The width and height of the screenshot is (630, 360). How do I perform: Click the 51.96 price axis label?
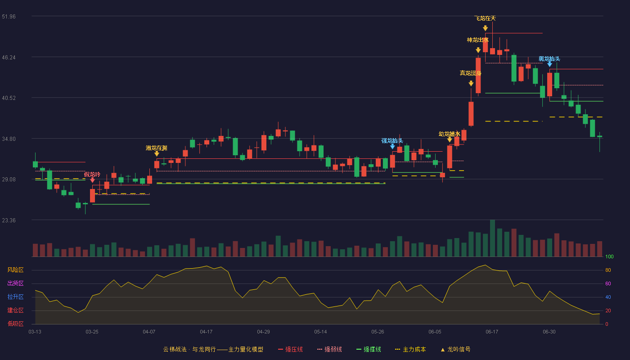click(9, 17)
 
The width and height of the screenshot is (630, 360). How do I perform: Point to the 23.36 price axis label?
click(9, 220)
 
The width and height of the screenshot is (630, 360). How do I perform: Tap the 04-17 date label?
click(206, 332)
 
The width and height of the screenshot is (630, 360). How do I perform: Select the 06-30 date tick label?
click(549, 332)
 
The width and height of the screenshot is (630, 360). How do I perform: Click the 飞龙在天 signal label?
click(485, 18)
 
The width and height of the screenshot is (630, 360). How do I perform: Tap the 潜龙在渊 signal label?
click(157, 148)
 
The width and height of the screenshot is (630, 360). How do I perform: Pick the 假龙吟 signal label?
click(92, 175)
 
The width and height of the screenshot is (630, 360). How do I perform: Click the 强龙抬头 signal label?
click(392, 140)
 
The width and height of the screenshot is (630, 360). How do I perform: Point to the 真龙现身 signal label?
click(471, 73)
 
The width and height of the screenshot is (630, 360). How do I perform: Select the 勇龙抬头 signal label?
click(549, 59)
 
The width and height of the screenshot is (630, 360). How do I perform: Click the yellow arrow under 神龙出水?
click(478, 50)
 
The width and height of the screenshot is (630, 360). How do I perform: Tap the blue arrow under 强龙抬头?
click(392, 146)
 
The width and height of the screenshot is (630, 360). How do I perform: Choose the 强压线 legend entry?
click(290, 349)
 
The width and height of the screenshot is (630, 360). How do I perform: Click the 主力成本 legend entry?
click(410, 349)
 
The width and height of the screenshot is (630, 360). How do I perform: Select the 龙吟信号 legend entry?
click(455, 349)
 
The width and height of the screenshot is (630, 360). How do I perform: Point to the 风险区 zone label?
click(15, 270)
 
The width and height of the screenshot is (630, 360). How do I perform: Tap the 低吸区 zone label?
click(15, 324)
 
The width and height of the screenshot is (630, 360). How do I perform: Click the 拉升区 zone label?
click(15, 297)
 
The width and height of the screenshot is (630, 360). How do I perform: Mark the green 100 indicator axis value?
click(609, 256)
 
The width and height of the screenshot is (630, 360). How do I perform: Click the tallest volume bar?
click(492, 238)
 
